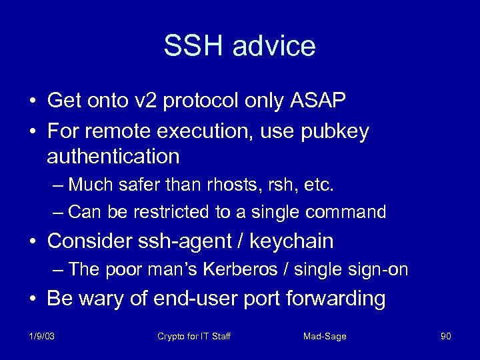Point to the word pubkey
tap(336, 131)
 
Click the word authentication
tap(113, 157)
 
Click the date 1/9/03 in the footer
tap(42, 336)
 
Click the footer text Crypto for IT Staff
tap(194, 336)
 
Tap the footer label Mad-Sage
tap(325, 336)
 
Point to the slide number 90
tap(445, 336)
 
